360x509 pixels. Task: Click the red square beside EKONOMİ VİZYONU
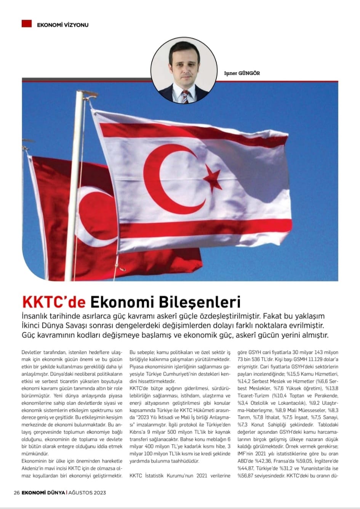[x=26, y=24]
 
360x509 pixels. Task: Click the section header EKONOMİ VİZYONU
[x=63, y=25]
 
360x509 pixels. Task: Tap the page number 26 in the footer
[x=17, y=492]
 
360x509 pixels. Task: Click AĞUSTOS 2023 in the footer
[x=87, y=492]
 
